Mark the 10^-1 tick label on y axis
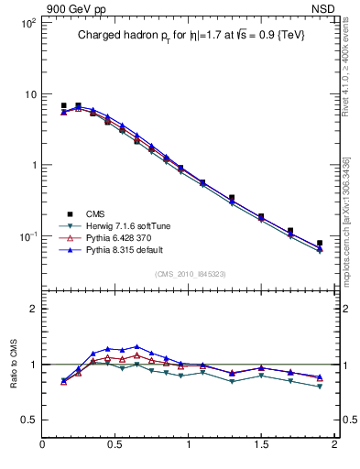click(x=27, y=236)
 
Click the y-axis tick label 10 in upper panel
click(x=29, y=94)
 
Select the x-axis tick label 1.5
click(x=261, y=444)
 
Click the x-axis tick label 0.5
click(x=115, y=444)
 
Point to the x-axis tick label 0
click(x=43, y=444)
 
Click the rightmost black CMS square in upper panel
click(x=320, y=244)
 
